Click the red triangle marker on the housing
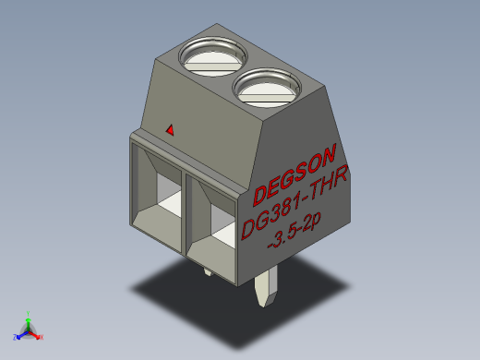[169, 130]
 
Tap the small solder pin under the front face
[206, 272]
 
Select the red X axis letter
[42, 338]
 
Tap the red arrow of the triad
[35, 333]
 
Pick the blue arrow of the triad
[21, 333]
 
